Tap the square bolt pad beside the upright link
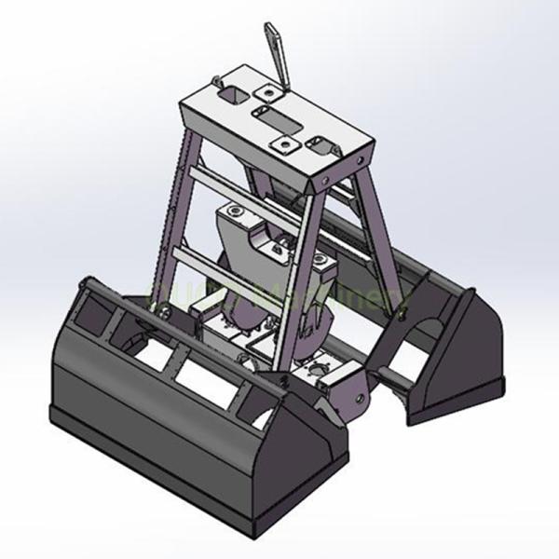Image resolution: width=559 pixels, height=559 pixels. [269, 92]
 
